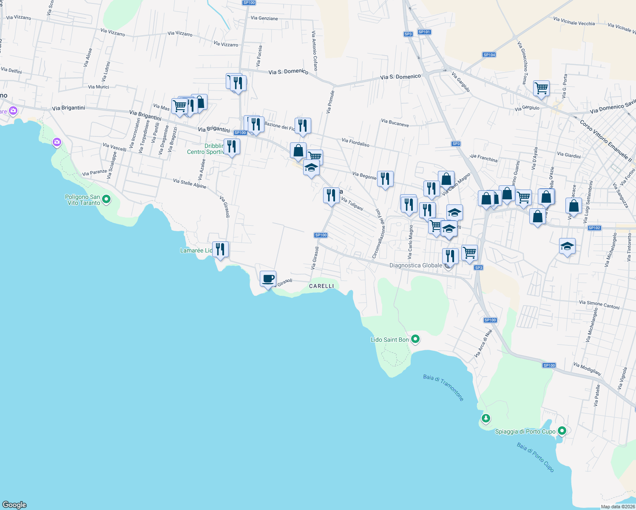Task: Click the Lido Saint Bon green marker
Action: coord(416,339)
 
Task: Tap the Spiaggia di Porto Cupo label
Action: coord(525,431)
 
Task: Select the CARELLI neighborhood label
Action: coord(321,286)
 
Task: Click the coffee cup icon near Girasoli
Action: coord(268,279)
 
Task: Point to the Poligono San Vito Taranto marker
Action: coord(106,199)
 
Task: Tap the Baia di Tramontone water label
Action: coord(443,388)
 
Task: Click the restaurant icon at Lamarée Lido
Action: coord(220,249)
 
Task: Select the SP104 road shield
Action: coord(489,55)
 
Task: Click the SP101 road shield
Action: coord(424,32)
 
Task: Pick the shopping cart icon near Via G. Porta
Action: coord(541,88)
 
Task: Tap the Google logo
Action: coord(14,505)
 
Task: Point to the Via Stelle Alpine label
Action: coord(190,184)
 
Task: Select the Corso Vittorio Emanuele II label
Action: coord(606,141)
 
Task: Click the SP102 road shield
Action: coord(594,228)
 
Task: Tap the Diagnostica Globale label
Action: coord(415,266)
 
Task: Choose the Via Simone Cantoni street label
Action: coord(599,305)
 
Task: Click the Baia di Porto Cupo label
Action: coord(536,457)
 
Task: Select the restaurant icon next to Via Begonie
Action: coord(385,179)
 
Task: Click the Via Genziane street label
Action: coord(264,18)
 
